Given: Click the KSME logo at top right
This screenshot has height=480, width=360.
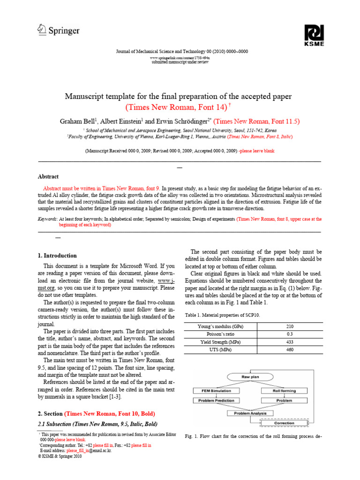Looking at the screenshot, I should [x=314, y=35].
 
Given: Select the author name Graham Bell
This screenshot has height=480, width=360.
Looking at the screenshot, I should [x=76, y=121].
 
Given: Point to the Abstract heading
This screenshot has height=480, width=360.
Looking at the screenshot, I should [x=48, y=177].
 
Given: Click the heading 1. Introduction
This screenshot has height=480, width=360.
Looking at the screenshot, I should [x=57, y=255].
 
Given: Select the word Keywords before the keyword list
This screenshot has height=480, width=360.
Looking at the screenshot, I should [x=47, y=219].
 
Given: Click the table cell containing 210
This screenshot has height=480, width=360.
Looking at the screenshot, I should [x=289, y=326].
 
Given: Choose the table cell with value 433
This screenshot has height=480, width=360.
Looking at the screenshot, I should [x=289, y=342].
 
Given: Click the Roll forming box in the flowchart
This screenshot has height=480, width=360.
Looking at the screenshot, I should [x=284, y=390].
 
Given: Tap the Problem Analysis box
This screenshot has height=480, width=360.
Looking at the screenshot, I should [x=250, y=413].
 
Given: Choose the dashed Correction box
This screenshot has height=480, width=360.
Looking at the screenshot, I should [x=285, y=423].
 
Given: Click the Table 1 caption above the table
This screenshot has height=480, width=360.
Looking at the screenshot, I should [x=222, y=315].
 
